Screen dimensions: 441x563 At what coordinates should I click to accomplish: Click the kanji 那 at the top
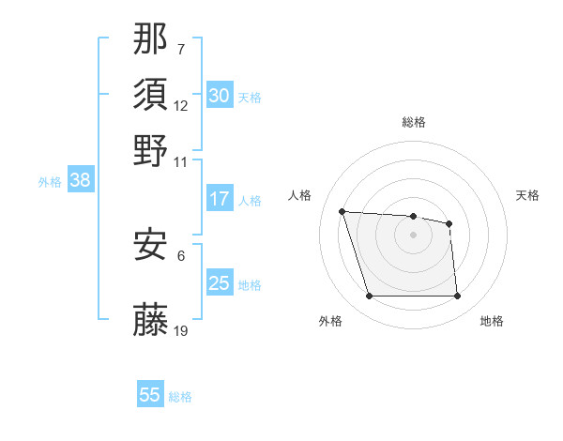(151, 40)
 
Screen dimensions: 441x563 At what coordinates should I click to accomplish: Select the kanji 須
(151, 96)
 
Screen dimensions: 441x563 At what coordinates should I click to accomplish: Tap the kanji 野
(151, 150)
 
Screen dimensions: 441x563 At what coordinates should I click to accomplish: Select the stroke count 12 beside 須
(181, 105)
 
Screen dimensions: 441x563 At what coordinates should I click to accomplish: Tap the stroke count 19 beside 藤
(181, 330)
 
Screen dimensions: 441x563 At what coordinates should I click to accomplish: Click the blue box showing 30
(219, 96)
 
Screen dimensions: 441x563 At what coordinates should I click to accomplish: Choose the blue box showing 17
(219, 199)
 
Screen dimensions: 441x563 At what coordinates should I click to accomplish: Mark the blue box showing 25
(219, 283)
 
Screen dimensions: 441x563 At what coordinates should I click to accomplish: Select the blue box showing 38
(80, 181)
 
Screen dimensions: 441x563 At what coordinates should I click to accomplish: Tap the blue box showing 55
(150, 395)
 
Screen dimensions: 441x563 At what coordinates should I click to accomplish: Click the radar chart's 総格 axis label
(413, 122)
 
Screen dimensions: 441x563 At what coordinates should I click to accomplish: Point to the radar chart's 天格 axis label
(527, 195)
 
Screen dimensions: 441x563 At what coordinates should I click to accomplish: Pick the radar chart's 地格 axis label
(492, 321)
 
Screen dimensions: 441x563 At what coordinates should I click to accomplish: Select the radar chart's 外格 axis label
(330, 321)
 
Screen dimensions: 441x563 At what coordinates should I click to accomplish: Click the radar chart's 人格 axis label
(299, 195)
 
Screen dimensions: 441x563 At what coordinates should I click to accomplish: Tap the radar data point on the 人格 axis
(342, 211)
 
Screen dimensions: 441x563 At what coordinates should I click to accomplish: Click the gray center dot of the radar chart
(413, 235)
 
